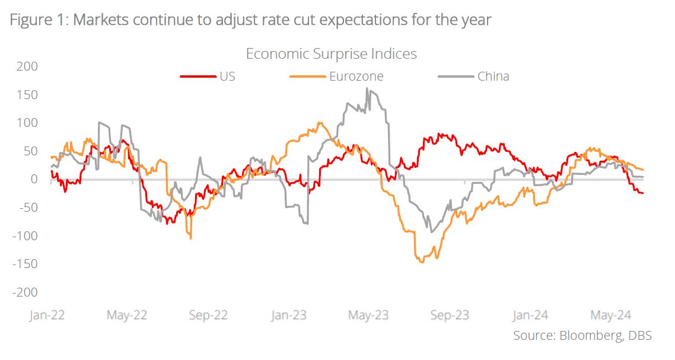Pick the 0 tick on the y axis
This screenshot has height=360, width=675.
[x=34, y=179]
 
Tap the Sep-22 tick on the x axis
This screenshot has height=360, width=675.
[x=208, y=314]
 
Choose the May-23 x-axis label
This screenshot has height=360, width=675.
[x=368, y=314]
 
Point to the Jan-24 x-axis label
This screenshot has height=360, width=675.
[x=530, y=314]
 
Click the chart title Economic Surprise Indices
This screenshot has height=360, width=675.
[x=331, y=54]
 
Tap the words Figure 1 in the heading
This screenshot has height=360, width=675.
[x=36, y=20]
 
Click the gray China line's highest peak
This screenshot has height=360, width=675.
[x=367, y=89]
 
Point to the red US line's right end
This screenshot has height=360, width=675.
[x=644, y=193]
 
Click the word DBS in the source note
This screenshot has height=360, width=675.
[x=639, y=336]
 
